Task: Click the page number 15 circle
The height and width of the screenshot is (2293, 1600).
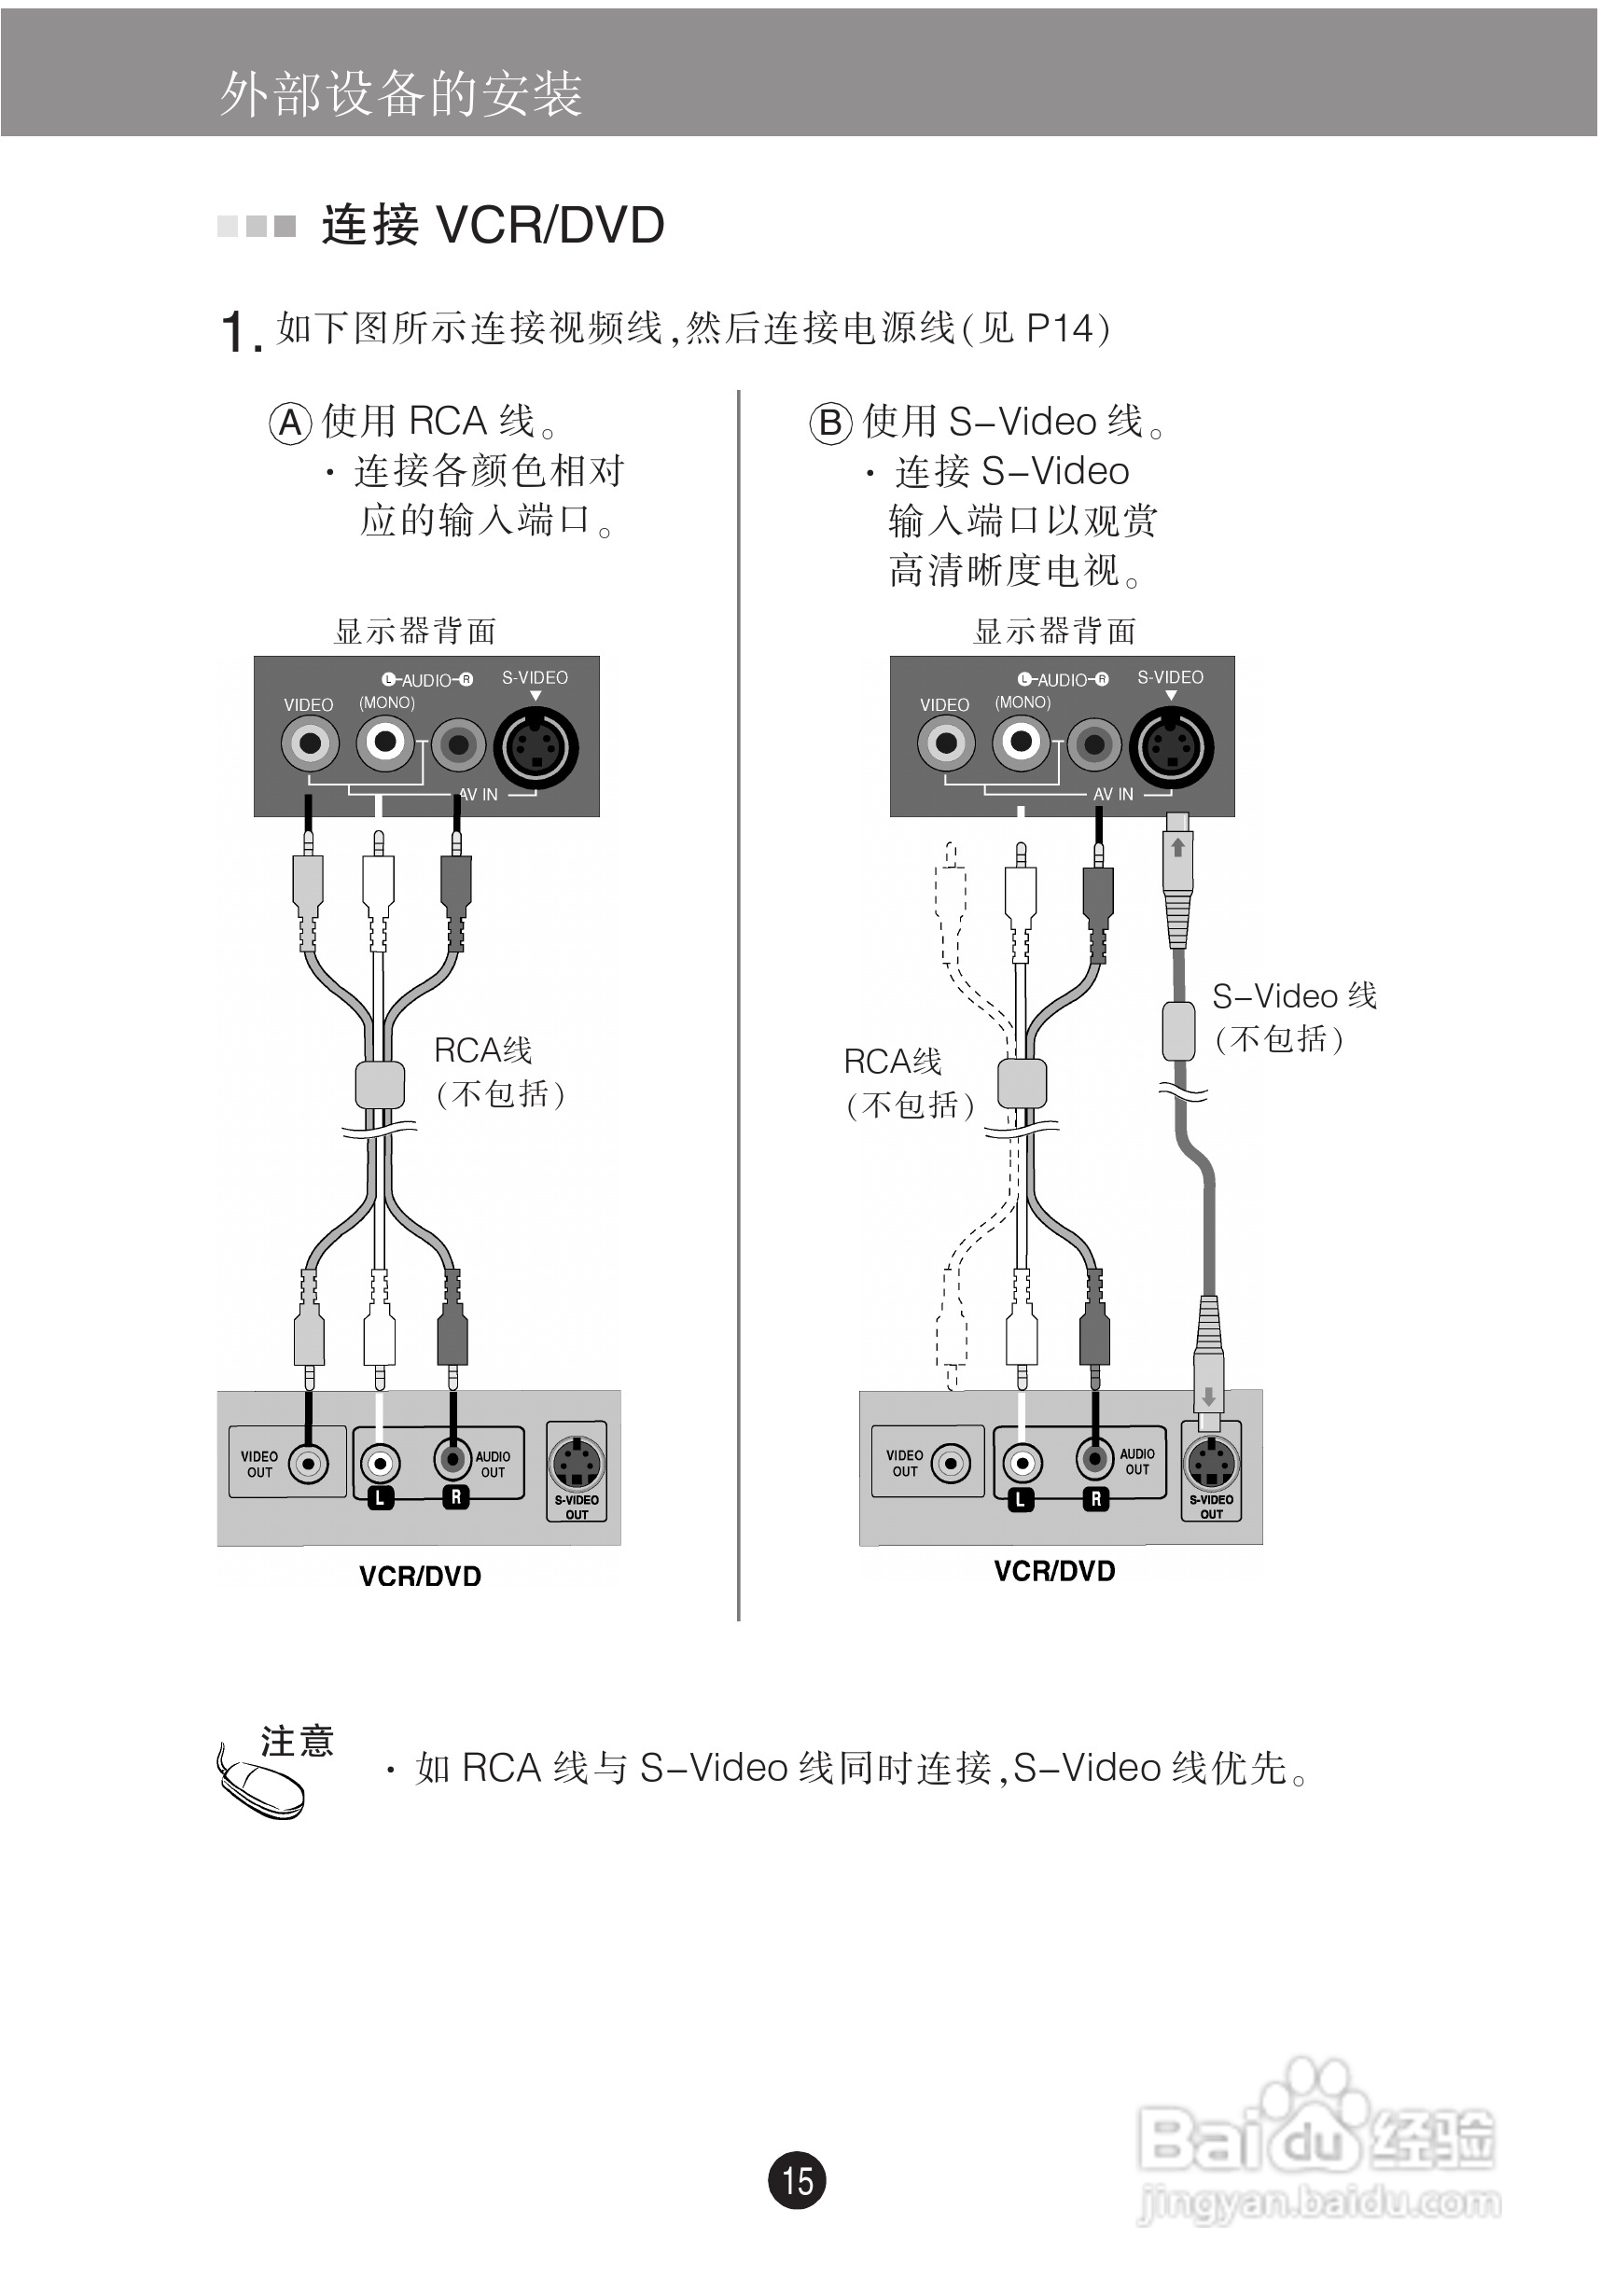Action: click(797, 2179)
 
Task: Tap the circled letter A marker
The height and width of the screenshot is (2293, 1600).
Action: click(289, 423)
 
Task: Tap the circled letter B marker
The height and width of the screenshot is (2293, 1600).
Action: click(830, 423)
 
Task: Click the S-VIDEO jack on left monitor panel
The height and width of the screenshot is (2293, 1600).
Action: click(537, 748)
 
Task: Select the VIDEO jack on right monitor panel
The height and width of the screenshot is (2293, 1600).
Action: click(946, 743)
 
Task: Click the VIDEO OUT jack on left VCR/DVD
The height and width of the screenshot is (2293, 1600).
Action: click(308, 1464)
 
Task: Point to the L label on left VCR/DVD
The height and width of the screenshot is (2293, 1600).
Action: click(380, 1498)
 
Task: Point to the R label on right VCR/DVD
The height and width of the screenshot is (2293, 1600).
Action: click(1095, 1498)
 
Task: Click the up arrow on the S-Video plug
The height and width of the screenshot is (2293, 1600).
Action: click(1177, 848)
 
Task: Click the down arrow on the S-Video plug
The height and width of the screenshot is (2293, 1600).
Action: click(1208, 1397)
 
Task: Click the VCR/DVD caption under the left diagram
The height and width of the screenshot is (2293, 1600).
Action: click(420, 1576)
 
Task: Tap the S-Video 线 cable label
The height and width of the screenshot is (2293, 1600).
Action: click(1293, 995)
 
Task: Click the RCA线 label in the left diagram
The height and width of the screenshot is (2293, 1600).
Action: click(482, 1050)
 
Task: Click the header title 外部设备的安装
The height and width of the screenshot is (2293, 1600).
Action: click(400, 95)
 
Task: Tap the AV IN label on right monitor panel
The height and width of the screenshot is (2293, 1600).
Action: click(1113, 794)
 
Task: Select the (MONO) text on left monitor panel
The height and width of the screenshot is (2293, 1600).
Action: click(386, 702)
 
